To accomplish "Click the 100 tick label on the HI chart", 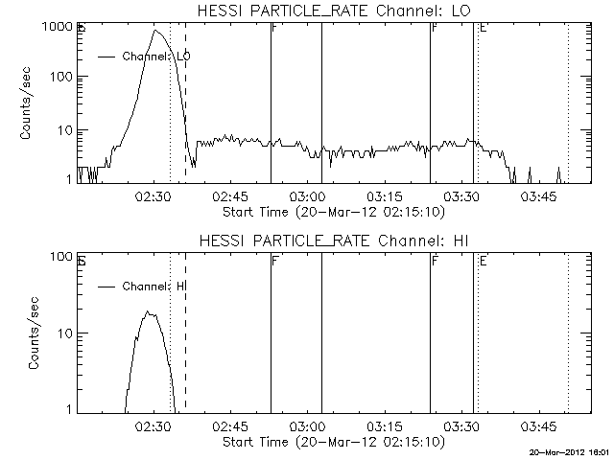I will click(x=60, y=257).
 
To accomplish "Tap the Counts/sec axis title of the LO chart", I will click(x=28, y=103).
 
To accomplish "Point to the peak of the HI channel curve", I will click(x=148, y=312).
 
